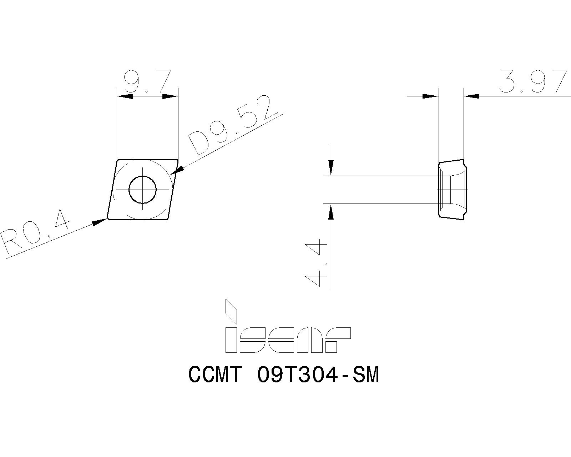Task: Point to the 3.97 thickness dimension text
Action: (533, 82)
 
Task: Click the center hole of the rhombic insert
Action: (142, 189)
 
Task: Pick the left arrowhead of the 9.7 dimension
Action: (125, 96)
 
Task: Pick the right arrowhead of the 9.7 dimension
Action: (170, 96)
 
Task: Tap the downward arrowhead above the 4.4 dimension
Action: (331, 167)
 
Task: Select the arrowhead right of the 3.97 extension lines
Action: (472, 96)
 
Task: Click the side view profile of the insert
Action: (452, 189)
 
